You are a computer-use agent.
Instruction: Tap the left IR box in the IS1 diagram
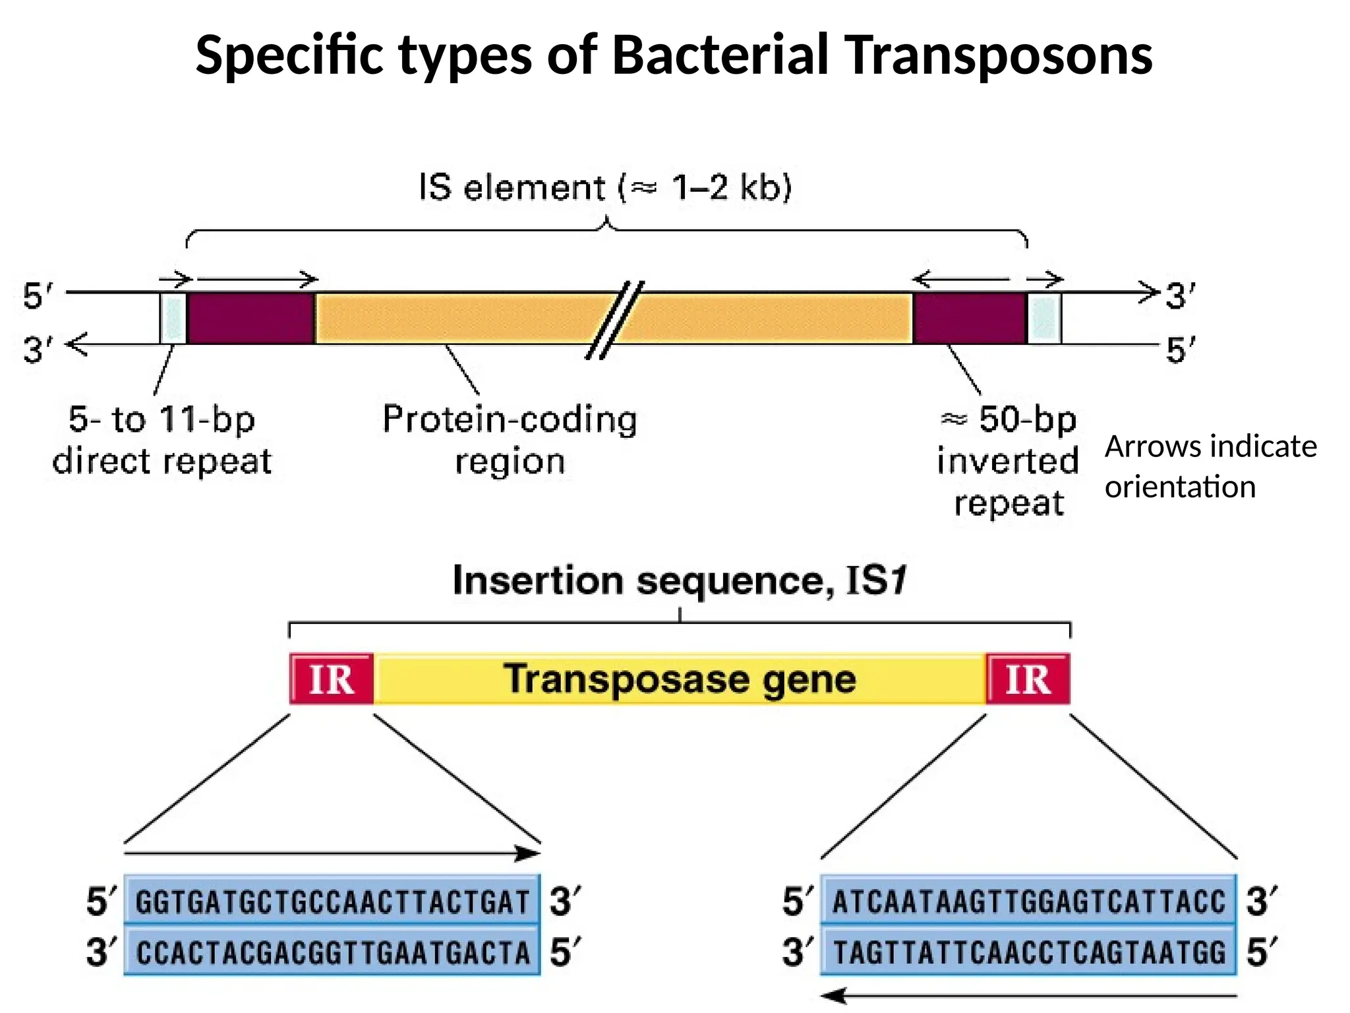tap(332, 679)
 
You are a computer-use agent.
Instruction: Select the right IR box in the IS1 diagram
tap(1028, 679)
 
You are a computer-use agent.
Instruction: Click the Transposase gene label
tap(680, 679)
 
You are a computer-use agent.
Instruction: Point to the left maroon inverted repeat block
tap(250, 319)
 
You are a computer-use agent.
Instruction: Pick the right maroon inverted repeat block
tap(970, 319)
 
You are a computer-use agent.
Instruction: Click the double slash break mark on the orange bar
tap(614, 320)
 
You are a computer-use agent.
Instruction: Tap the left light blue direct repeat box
tap(173, 319)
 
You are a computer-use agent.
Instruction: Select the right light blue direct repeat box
tap(1044, 319)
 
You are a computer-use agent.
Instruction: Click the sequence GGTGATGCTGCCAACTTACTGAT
tap(332, 902)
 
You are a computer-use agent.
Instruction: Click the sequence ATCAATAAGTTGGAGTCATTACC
tap(1028, 902)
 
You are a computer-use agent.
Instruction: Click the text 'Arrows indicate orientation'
tap(1210, 466)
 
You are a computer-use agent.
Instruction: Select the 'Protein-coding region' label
tap(510, 439)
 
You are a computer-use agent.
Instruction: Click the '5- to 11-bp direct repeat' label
tap(161, 439)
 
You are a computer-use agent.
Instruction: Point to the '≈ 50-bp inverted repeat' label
tap(1008, 460)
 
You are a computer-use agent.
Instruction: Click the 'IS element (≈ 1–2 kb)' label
tap(605, 187)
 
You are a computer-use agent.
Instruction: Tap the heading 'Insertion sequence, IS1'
tap(680, 581)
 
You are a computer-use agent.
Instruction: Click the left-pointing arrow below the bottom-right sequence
tap(1028, 996)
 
